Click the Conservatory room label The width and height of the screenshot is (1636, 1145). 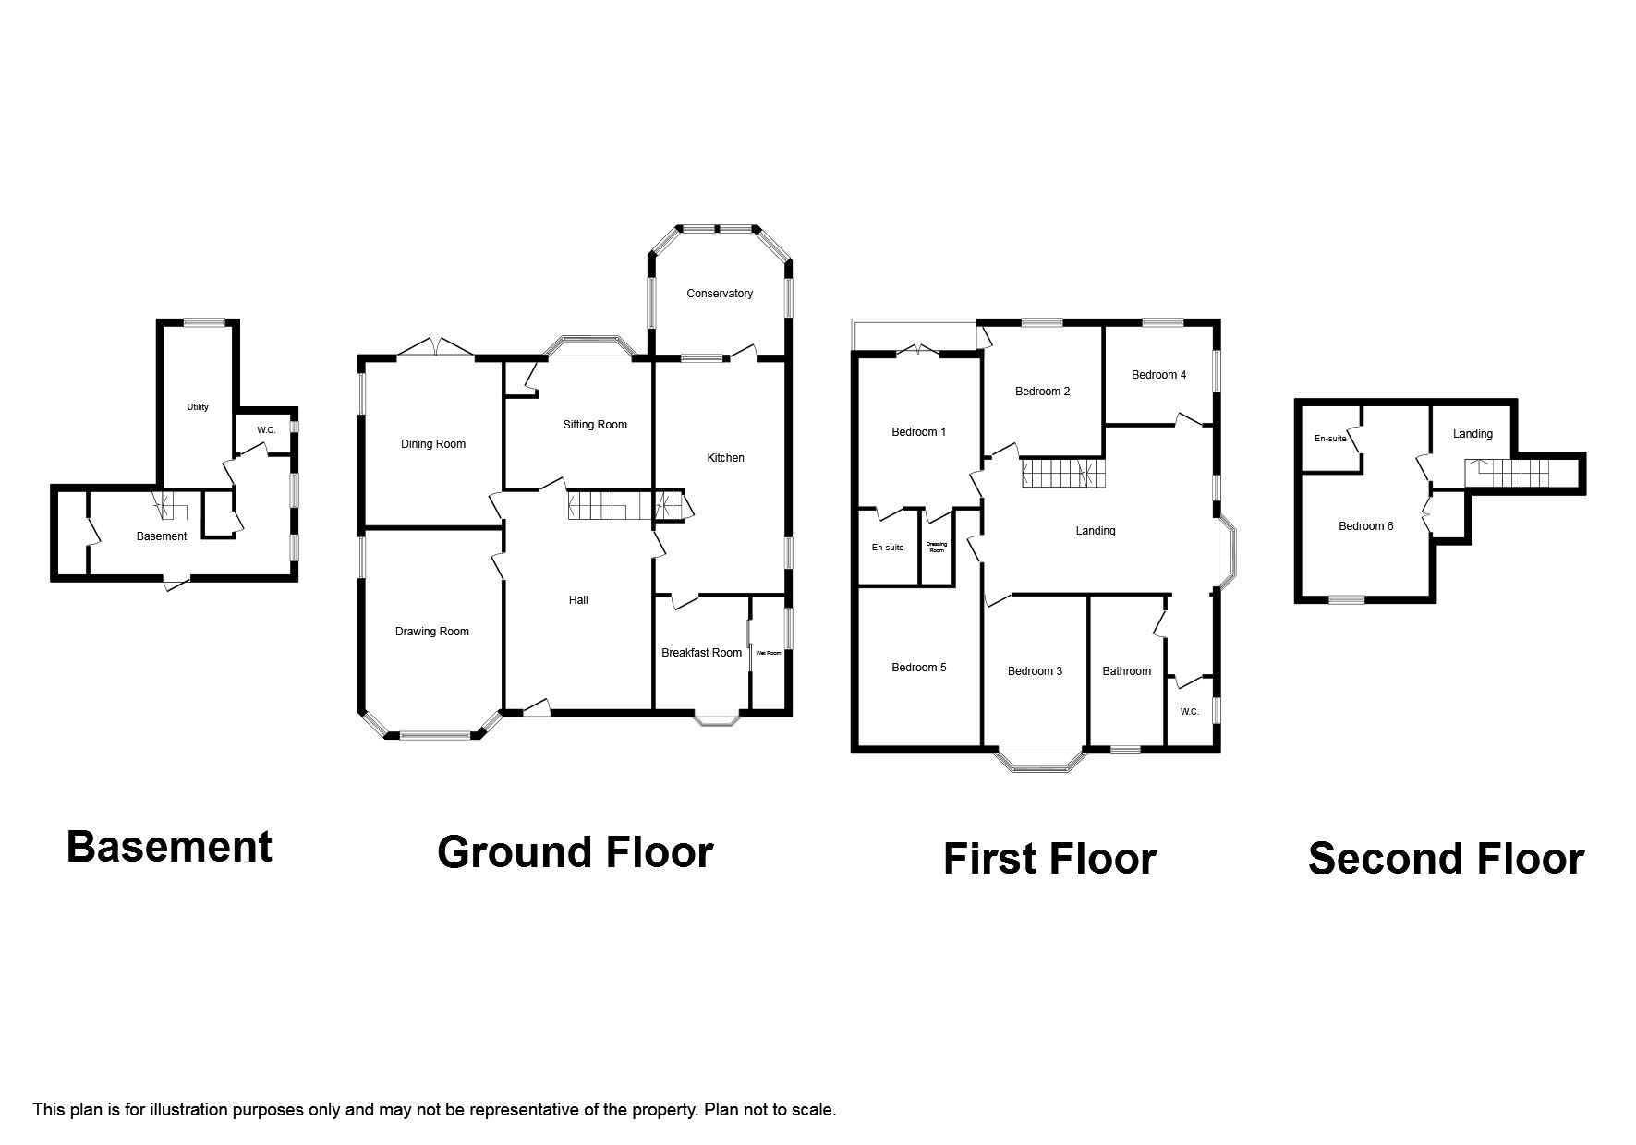click(719, 294)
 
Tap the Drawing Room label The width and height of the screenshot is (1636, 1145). click(431, 632)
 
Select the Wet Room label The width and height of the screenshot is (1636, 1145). click(769, 653)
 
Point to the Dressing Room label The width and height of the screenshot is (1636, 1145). click(936, 548)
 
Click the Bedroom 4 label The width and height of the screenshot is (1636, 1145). click(1158, 375)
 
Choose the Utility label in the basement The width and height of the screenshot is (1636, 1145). click(198, 407)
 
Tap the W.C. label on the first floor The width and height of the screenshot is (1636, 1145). click(1189, 712)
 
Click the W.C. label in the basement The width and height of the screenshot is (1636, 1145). click(266, 430)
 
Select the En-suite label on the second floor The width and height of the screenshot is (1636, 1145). click(1330, 439)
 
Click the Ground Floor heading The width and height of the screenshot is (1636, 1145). click(575, 851)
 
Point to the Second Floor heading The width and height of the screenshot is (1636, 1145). click(1446, 859)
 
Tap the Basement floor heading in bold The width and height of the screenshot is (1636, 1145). click(169, 847)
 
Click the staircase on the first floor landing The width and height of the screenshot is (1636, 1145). click(1062, 474)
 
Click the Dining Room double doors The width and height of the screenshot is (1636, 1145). click(436, 348)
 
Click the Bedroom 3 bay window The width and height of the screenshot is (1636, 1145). click(1039, 763)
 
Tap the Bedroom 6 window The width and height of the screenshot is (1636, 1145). click(1347, 600)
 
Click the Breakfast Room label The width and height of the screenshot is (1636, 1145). click(701, 653)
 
